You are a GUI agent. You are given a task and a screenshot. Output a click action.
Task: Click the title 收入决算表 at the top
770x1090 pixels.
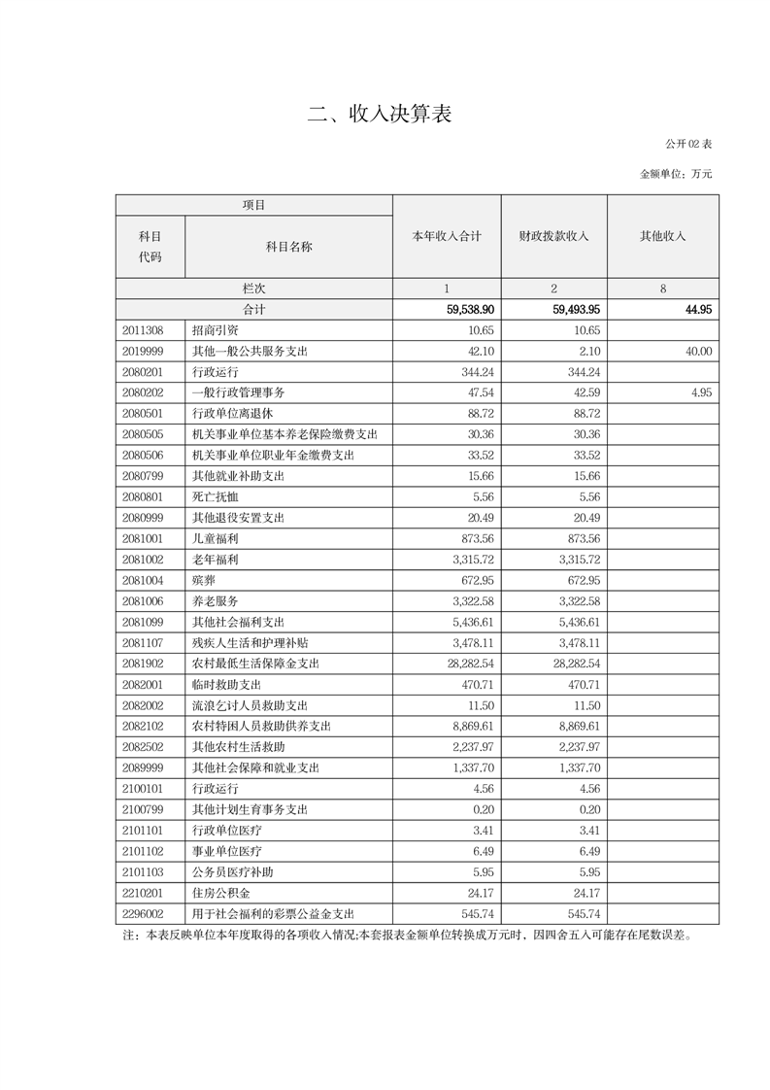pyautogui.click(x=380, y=115)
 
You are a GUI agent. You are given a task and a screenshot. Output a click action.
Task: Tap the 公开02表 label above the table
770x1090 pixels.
pyautogui.click(x=688, y=144)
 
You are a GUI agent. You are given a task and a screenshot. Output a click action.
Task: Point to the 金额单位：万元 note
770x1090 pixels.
pyautogui.click(x=676, y=174)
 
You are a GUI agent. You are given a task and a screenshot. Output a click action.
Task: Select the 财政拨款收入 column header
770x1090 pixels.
pyautogui.click(x=553, y=236)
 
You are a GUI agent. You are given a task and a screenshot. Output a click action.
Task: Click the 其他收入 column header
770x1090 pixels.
pyautogui.click(x=662, y=236)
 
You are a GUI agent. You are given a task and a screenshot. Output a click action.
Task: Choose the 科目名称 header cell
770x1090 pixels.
pyautogui.click(x=288, y=247)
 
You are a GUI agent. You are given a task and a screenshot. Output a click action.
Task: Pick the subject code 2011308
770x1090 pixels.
pyautogui.click(x=143, y=330)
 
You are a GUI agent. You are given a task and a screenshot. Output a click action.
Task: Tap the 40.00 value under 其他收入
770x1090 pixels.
pyautogui.click(x=697, y=351)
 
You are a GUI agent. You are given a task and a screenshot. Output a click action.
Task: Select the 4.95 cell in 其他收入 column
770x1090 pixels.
pyautogui.click(x=701, y=392)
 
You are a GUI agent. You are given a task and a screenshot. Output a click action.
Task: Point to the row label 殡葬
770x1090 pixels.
pyautogui.click(x=204, y=580)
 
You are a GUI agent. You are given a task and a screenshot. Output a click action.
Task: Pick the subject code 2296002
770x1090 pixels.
pyautogui.click(x=143, y=913)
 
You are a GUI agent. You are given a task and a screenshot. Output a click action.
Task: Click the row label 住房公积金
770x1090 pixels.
pyautogui.click(x=221, y=893)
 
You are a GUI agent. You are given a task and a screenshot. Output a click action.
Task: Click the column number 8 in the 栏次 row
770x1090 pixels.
pyautogui.click(x=662, y=289)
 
